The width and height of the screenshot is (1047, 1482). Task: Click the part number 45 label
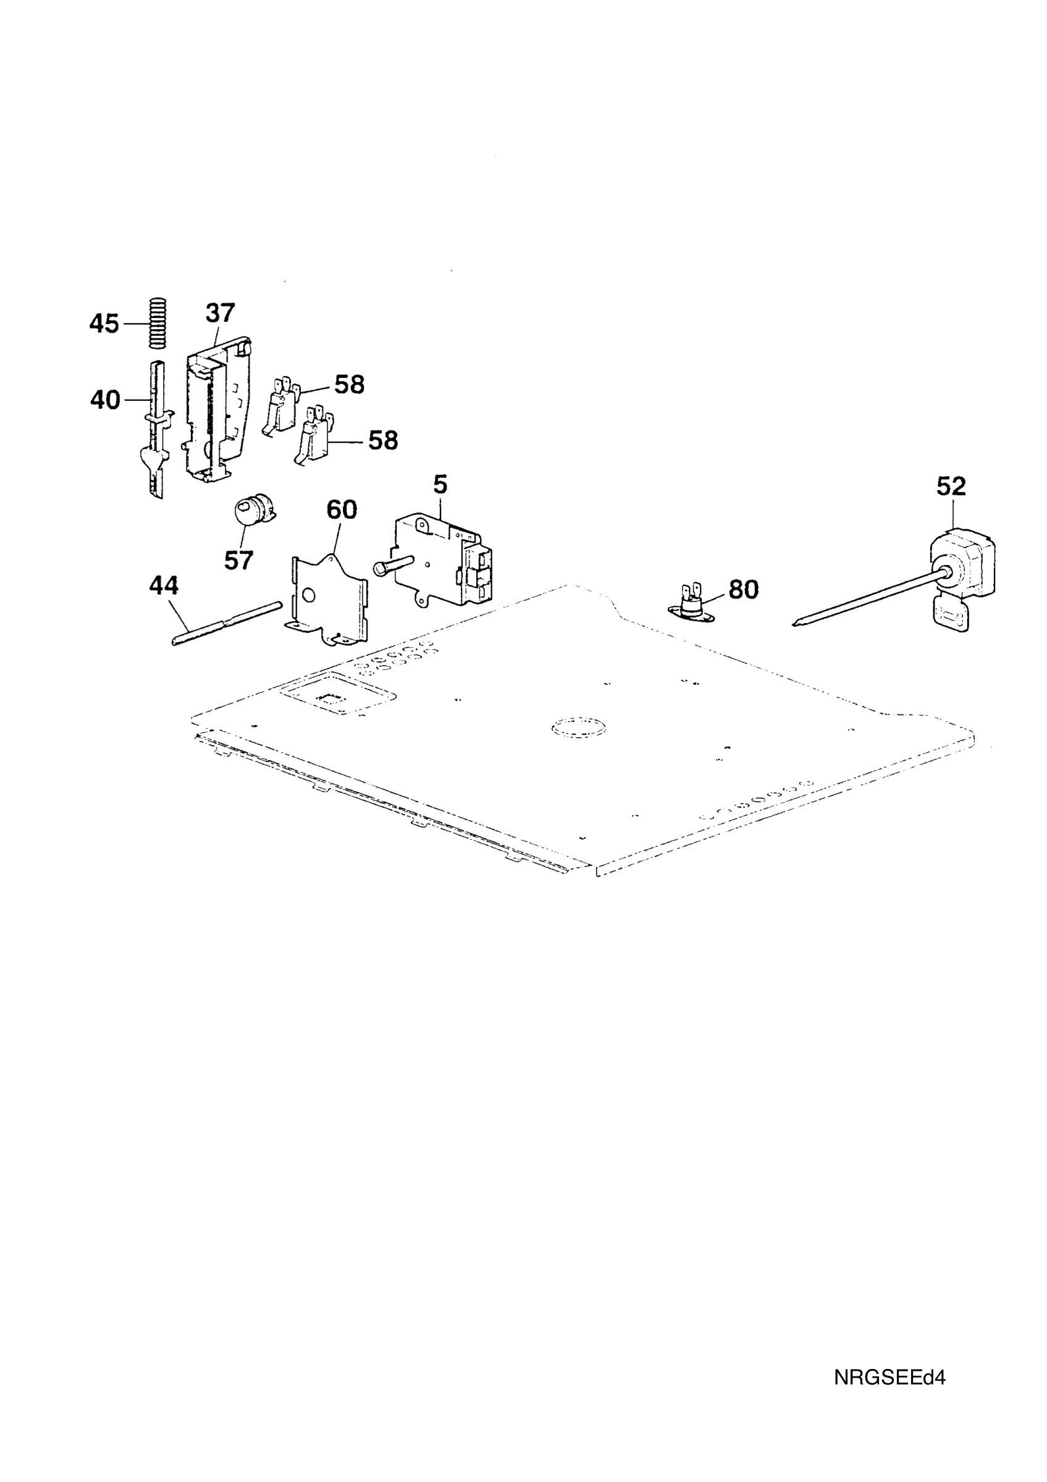pyautogui.click(x=104, y=324)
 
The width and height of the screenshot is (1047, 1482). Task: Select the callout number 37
pyautogui.click(x=220, y=313)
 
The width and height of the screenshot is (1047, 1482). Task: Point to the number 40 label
pyautogui.click(x=105, y=400)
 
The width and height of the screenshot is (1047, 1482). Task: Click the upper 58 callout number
pyautogui.click(x=349, y=385)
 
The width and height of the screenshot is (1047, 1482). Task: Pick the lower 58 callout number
pyautogui.click(x=383, y=441)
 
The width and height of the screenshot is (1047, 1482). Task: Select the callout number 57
pyautogui.click(x=239, y=560)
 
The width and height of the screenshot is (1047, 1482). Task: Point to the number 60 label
pyautogui.click(x=342, y=510)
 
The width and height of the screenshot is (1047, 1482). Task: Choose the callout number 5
pyautogui.click(x=440, y=484)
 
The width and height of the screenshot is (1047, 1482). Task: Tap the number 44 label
pyautogui.click(x=164, y=585)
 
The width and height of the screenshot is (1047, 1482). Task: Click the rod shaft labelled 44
pyautogui.click(x=227, y=624)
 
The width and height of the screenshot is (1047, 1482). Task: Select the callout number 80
pyautogui.click(x=744, y=589)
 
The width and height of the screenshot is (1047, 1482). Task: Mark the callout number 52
pyautogui.click(x=951, y=487)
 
